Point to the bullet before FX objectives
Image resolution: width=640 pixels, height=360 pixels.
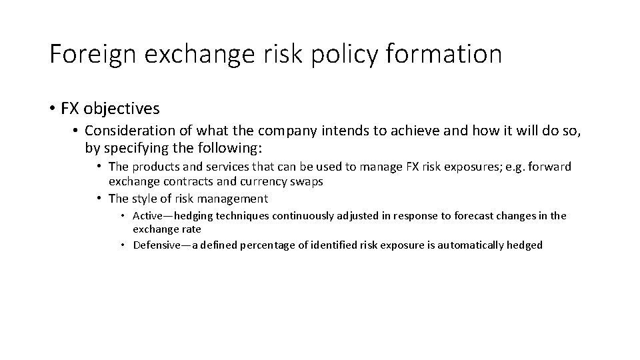(52, 108)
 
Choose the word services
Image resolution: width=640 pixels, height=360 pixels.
(228, 167)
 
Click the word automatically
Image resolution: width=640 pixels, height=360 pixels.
(473, 245)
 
